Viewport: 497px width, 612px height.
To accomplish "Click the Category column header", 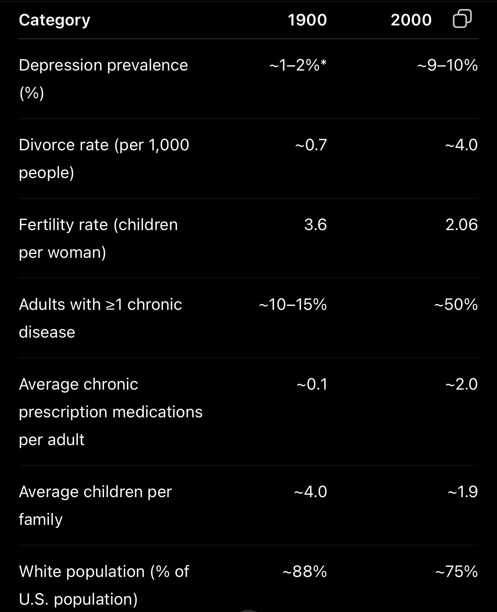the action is pyautogui.click(x=55, y=20).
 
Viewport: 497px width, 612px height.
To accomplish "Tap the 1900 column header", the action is pyautogui.click(x=307, y=20).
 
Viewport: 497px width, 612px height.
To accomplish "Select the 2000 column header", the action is pyautogui.click(x=411, y=20).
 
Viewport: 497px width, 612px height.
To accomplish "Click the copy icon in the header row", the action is pyautogui.click(x=462, y=18).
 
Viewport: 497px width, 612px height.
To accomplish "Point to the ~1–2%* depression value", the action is pyautogui.click(x=298, y=65).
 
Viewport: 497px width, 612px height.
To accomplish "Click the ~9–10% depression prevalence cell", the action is pyautogui.click(x=448, y=65).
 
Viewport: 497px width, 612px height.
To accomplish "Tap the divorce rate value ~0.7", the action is pyautogui.click(x=311, y=145).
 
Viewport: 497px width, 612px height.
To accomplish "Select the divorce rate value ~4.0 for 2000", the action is pyautogui.click(x=462, y=145).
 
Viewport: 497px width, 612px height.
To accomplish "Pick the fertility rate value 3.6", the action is pyautogui.click(x=316, y=224).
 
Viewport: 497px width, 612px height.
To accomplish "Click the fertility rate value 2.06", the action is pyautogui.click(x=462, y=224).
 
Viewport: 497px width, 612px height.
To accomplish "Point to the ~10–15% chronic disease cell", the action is pyautogui.click(x=293, y=304).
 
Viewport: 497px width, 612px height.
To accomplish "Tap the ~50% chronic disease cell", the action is pyautogui.click(x=456, y=304).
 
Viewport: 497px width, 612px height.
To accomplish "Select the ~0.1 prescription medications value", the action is pyautogui.click(x=312, y=384).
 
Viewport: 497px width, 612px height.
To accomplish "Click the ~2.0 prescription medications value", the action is pyautogui.click(x=462, y=384).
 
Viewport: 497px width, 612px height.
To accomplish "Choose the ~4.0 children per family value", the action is pyautogui.click(x=310, y=492).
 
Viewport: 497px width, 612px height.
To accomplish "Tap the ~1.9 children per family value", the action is pyautogui.click(x=463, y=492).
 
